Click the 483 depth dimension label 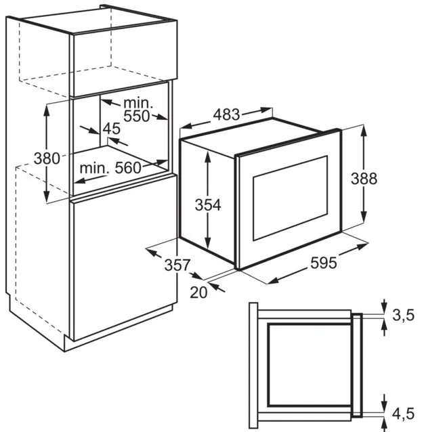coord(227,114)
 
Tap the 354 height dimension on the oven coord(208,205)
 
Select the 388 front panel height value coord(364,178)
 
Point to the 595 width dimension coord(324,262)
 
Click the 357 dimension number coord(177,265)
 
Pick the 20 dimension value coord(198,293)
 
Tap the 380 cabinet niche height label coord(47,158)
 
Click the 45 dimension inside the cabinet coord(112,129)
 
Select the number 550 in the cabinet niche coord(136,116)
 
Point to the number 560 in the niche coord(128,167)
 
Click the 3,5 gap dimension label coord(403,315)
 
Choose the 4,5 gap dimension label coord(403,414)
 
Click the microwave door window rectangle coord(290,198)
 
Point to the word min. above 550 coord(138,103)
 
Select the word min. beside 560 coord(94,168)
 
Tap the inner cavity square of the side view coord(310,366)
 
